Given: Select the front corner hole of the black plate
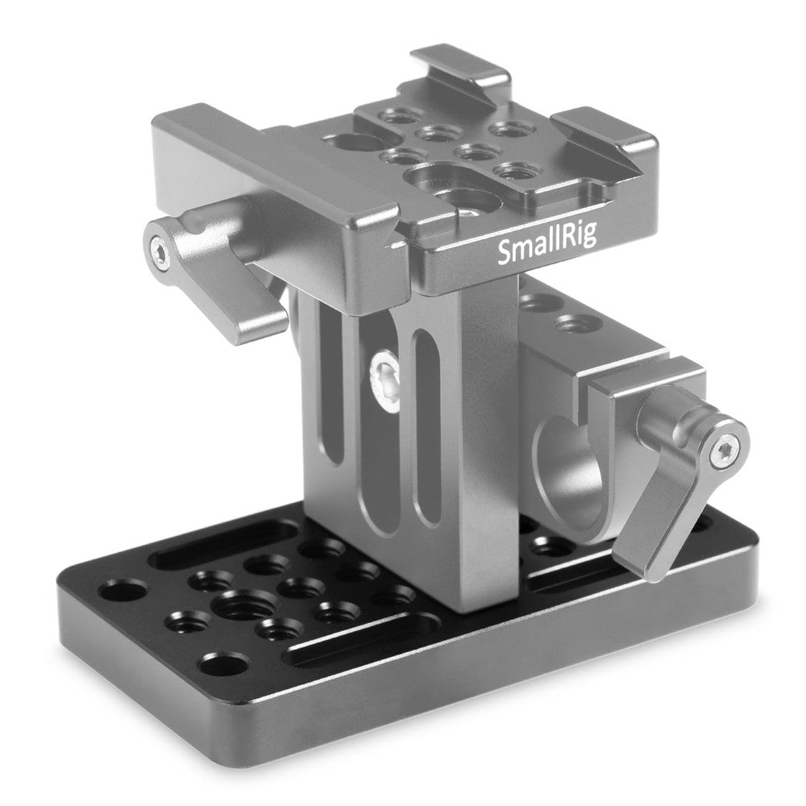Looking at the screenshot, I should click(229, 667).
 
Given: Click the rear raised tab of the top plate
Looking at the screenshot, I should click(459, 64).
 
